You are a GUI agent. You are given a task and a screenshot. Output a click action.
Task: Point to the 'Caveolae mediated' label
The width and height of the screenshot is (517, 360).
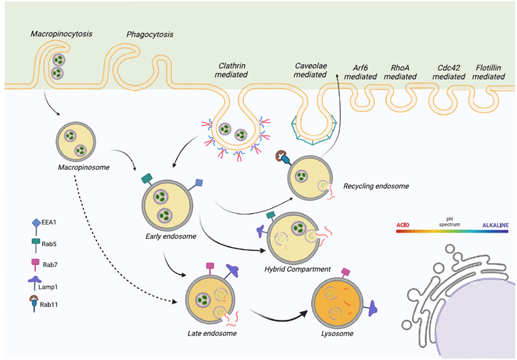pyautogui.click(x=310, y=70)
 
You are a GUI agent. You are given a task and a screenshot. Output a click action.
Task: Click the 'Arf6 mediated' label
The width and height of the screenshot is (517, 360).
pyautogui.click(x=360, y=72)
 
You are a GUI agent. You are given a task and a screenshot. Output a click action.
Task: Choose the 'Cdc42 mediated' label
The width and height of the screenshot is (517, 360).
pyautogui.click(x=449, y=72)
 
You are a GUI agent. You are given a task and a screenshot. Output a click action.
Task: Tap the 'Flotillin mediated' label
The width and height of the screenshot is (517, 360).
pyautogui.click(x=490, y=72)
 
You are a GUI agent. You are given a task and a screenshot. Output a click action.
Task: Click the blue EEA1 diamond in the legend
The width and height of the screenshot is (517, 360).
pyautogui.click(x=36, y=223)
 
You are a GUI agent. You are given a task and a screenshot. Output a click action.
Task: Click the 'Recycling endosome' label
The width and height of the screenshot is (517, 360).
pyautogui.click(x=376, y=186)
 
